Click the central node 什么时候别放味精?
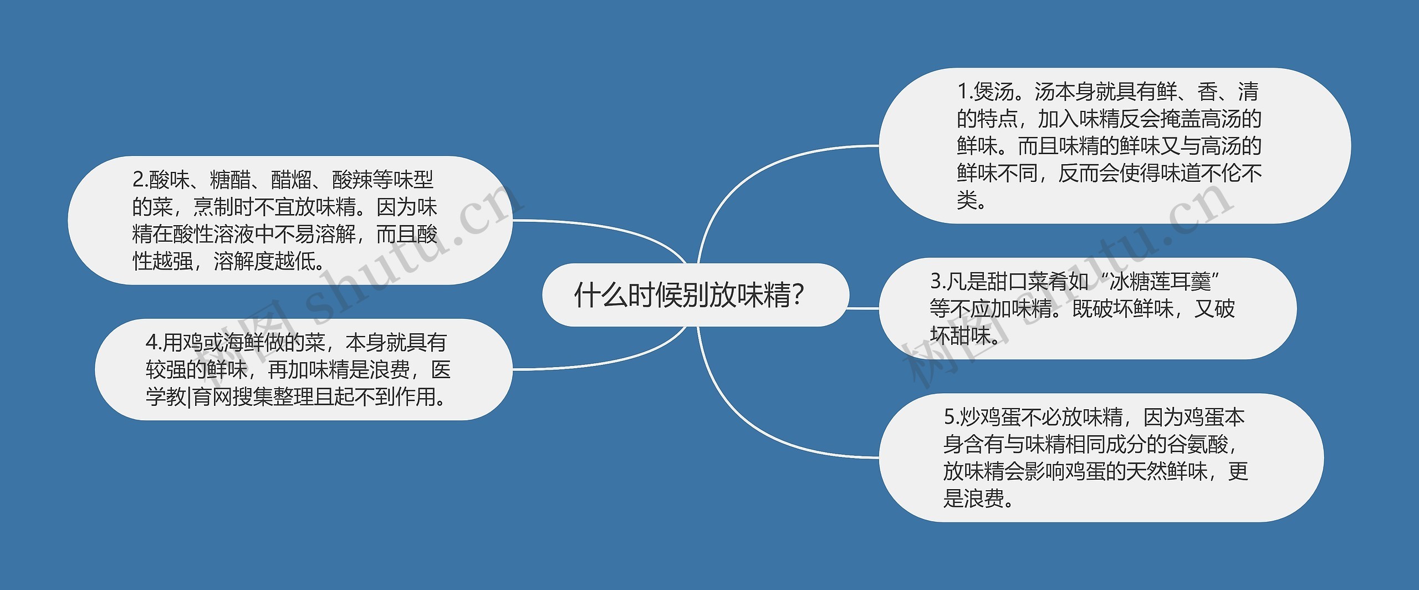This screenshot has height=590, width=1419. (689, 295)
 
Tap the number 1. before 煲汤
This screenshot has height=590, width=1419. (966, 92)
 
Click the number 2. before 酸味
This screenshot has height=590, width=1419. (140, 180)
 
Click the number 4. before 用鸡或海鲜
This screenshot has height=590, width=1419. (154, 343)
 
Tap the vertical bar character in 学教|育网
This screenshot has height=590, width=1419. (188, 397)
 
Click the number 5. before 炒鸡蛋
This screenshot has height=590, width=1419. (951, 417)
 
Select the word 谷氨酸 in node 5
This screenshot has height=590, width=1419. (1197, 444)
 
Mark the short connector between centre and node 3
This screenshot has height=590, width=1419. (864, 308)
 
